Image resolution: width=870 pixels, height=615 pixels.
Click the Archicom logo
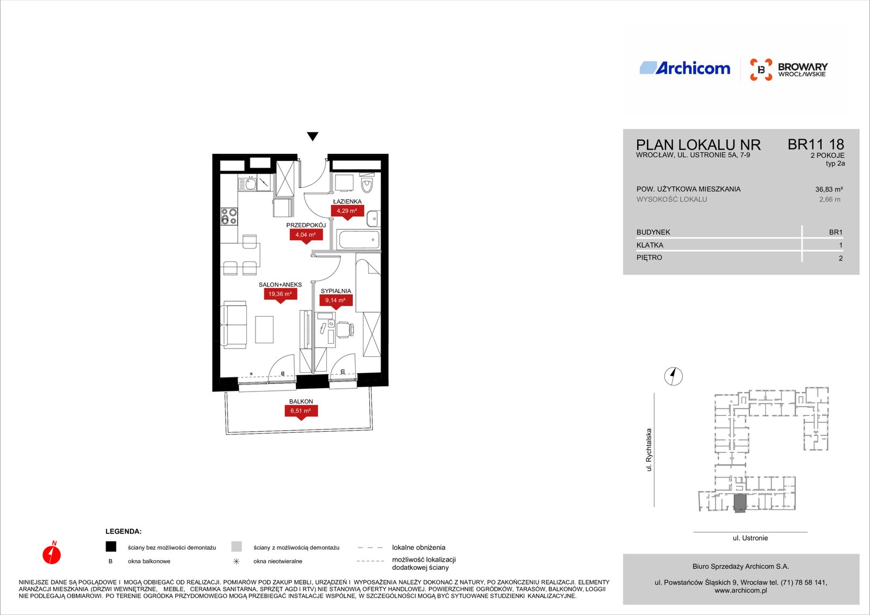point(685,68)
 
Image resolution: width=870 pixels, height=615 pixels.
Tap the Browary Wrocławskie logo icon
point(761,70)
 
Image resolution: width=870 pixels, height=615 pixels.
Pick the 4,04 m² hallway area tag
point(306,236)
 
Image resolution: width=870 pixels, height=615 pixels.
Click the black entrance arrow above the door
point(313,136)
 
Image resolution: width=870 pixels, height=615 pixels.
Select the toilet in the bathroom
point(366,184)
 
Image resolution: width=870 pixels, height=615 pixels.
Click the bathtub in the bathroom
point(359,240)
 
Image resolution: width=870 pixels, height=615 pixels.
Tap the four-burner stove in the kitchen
point(229,216)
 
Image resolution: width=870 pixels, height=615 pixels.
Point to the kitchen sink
point(247,183)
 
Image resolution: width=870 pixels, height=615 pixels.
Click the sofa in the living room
point(233,325)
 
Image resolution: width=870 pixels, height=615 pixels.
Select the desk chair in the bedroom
point(345,330)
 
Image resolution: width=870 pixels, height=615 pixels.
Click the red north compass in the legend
point(52,553)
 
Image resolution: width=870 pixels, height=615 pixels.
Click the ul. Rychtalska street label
point(648,450)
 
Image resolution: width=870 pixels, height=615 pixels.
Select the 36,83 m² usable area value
point(829,189)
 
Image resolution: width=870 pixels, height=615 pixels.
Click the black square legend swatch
point(111,546)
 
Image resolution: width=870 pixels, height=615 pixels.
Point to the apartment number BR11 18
point(816,145)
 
